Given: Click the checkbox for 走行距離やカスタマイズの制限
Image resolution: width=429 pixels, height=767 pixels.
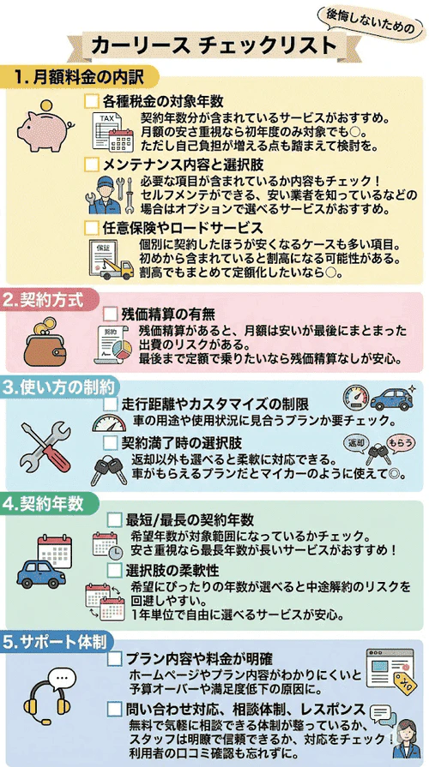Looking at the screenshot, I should point(111,404).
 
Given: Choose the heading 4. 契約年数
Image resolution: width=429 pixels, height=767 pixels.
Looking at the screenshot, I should point(42,500).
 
